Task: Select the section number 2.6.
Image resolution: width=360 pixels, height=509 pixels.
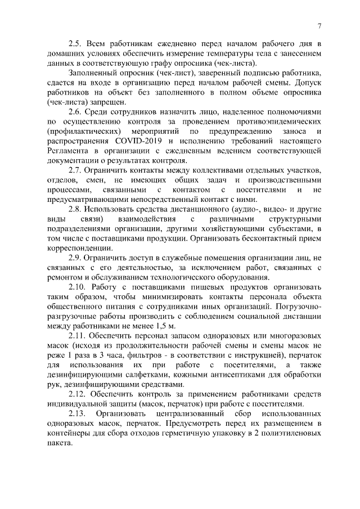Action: pos(76,112)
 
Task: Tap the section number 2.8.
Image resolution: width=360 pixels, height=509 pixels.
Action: pos(76,209)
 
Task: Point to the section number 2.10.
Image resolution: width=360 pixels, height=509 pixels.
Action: pos(79,287)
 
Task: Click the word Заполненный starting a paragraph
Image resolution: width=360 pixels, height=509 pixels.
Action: pos(94,73)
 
